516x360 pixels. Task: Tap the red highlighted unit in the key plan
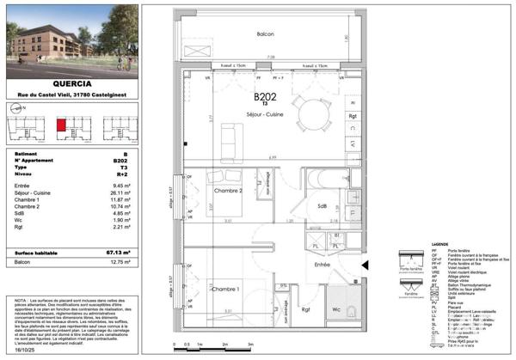61,125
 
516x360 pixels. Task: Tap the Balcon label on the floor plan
266,34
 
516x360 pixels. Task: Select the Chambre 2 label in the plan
228,190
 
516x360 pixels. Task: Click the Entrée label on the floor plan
321,265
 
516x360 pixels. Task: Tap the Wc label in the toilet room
336,310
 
